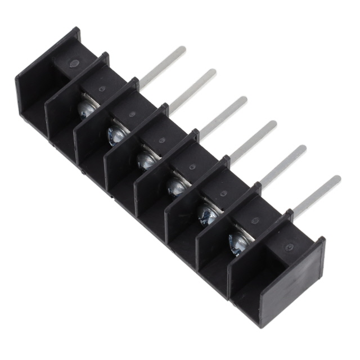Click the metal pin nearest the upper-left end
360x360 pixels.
163,67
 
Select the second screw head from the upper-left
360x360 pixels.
117,134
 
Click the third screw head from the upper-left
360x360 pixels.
147,160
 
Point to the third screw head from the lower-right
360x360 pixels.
177,186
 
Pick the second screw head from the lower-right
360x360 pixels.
208,214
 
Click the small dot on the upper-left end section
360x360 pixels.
74,64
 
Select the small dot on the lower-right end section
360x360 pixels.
289,247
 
